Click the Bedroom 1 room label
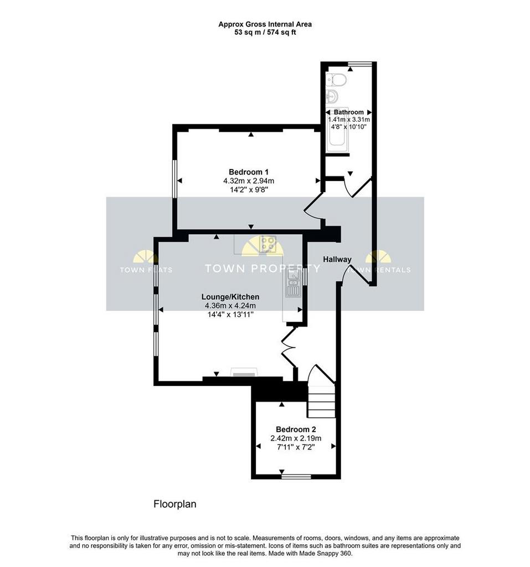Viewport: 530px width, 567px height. [x=249, y=172]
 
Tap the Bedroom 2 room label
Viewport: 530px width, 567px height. [x=296, y=429]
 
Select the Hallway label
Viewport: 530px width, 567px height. [x=337, y=259]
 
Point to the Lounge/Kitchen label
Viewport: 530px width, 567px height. [x=230, y=297]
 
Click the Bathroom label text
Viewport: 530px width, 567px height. [x=348, y=112]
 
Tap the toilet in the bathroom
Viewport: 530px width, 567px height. [x=336, y=79]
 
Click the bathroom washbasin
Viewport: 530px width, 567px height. [x=332, y=96]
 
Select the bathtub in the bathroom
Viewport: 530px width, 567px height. [x=337, y=130]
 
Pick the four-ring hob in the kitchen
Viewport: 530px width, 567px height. [x=267, y=244]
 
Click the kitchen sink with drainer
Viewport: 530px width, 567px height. [x=293, y=284]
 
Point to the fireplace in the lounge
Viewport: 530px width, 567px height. [x=244, y=373]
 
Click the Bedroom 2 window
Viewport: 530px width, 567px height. [x=296, y=477]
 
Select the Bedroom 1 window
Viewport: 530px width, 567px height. [x=174, y=179]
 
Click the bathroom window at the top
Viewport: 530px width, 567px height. [x=360, y=64]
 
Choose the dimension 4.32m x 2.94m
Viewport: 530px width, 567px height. [x=249, y=181]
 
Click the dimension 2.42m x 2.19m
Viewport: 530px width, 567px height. [x=296, y=439]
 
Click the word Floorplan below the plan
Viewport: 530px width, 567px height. [x=175, y=504]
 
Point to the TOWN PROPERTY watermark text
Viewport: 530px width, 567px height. [x=263, y=269]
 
